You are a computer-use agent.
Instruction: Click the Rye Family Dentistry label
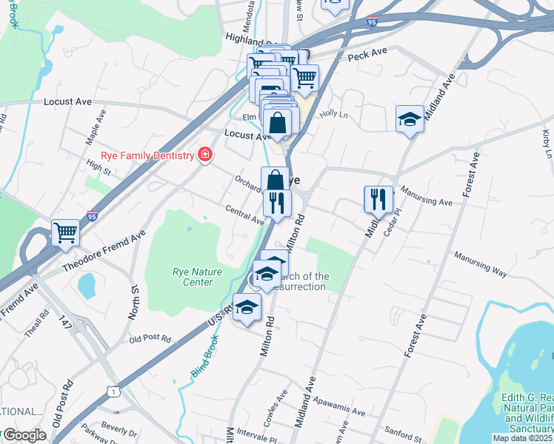152,155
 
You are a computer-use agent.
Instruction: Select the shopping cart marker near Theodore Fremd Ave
65,232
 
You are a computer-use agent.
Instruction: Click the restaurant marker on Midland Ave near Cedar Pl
378,198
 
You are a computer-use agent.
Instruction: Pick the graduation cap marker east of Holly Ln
409,118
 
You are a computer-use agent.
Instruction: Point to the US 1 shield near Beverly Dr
112,390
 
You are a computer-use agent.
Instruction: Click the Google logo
24,435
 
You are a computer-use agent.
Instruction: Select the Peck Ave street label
367,55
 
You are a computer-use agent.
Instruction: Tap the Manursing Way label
481,265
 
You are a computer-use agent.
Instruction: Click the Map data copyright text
523,437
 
